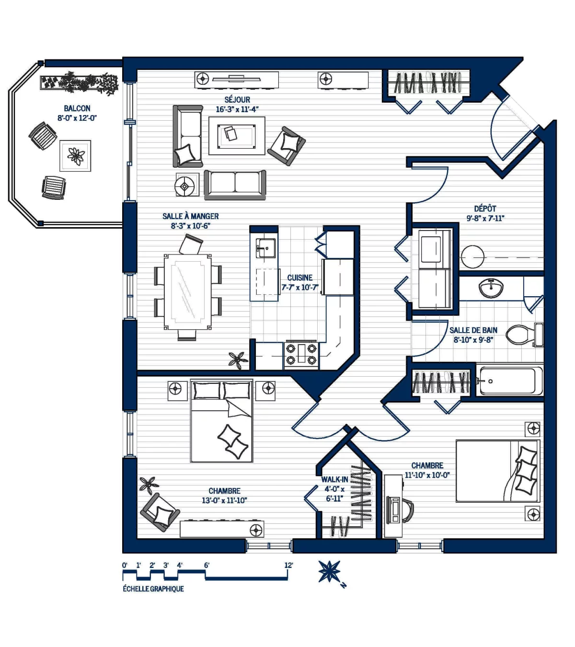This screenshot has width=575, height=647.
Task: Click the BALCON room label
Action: (x=77, y=109)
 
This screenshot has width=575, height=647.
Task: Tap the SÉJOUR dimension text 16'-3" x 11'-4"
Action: (x=237, y=110)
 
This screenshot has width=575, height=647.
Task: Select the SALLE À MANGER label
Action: (x=191, y=216)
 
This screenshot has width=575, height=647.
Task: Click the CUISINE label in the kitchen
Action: (x=300, y=278)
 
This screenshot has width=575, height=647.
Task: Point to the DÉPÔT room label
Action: (x=485, y=209)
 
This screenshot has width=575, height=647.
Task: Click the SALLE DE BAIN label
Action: (x=473, y=330)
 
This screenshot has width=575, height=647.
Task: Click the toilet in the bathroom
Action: (x=524, y=335)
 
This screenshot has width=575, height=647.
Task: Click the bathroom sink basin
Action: (x=491, y=288)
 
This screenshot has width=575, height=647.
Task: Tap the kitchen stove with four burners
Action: (x=301, y=354)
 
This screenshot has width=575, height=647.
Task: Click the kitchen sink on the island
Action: (x=265, y=248)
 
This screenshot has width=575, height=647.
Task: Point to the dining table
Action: (x=188, y=292)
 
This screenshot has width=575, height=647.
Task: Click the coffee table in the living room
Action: (x=237, y=136)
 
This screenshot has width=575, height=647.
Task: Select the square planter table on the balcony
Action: (x=75, y=156)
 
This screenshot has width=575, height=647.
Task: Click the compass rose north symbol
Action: (x=330, y=572)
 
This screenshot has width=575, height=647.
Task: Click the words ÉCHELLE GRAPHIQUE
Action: (x=153, y=589)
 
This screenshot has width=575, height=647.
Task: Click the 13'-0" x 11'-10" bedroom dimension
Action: (x=224, y=500)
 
